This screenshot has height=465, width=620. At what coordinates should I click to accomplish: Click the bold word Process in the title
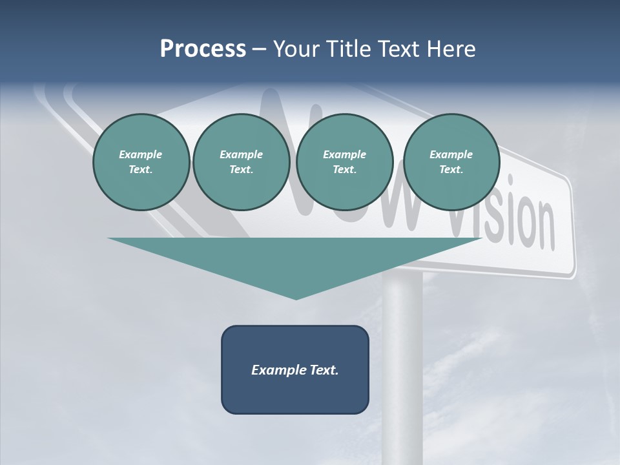click(x=203, y=49)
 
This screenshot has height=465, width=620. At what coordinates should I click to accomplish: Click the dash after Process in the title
click(x=260, y=50)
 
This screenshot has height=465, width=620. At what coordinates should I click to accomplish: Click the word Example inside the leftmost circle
click(x=141, y=154)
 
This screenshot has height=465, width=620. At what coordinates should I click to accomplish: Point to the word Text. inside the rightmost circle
click(x=451, y=169)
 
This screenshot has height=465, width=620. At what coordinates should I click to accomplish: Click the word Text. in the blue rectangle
click(x=324, y=370)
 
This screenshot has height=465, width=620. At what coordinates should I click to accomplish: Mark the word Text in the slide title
click(x=401, y=49)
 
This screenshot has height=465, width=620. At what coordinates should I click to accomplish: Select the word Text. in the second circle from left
click(x=241, y=169)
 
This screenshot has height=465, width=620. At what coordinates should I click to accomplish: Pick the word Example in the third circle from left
click(x=344, y=154)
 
